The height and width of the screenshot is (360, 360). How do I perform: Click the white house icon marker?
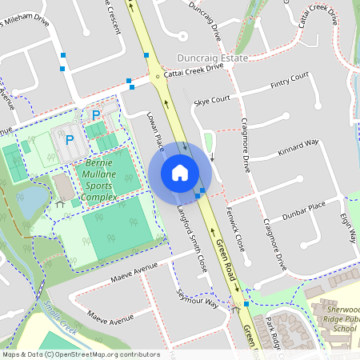(x=180, y=172)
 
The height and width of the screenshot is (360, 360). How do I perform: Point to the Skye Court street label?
(x=212, y=99)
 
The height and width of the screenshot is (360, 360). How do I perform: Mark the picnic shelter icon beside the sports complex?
(x=61, y=204)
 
